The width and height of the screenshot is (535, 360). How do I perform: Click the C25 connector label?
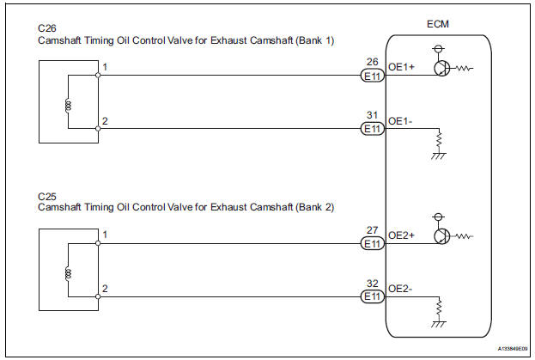point(46,196)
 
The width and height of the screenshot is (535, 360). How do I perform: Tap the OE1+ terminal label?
point(402,74)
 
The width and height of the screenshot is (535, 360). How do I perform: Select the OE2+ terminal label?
point(402,243)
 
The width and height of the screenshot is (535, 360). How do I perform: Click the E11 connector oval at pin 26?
point(371,76)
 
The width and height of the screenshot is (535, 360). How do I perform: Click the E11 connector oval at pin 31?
point(371,129)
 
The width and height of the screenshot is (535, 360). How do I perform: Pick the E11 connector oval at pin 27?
point(371,244)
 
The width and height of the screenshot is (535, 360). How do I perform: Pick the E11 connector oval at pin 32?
point(371,296)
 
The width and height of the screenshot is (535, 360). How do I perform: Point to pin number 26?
point(371,62)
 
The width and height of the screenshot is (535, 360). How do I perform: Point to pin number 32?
point(371,284)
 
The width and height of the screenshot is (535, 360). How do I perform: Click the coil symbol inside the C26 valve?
point(68,107)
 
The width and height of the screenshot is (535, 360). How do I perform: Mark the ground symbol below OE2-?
point(440,320)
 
